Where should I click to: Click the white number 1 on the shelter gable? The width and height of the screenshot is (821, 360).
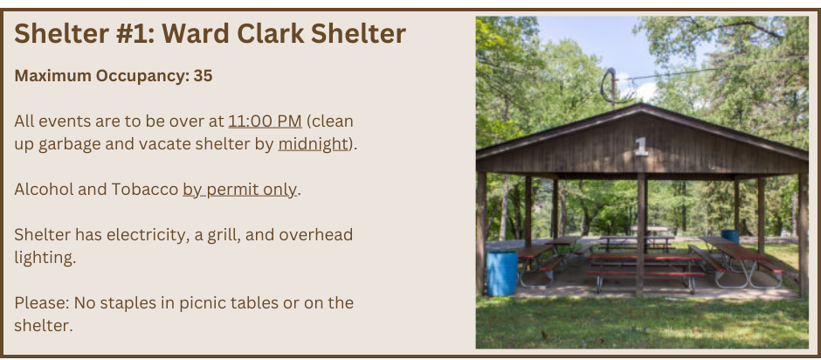pos(641,146)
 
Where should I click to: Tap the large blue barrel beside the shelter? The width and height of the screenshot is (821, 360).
pos(501,273)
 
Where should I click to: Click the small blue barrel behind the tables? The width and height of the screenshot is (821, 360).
pos(729,237)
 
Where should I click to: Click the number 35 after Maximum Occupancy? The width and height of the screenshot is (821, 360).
pos(204,76)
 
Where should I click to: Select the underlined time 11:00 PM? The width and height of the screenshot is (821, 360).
pos(265,121)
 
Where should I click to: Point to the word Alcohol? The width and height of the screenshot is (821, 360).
pos(44,190)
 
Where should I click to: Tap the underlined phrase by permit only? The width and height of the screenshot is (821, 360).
pos(240,190)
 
